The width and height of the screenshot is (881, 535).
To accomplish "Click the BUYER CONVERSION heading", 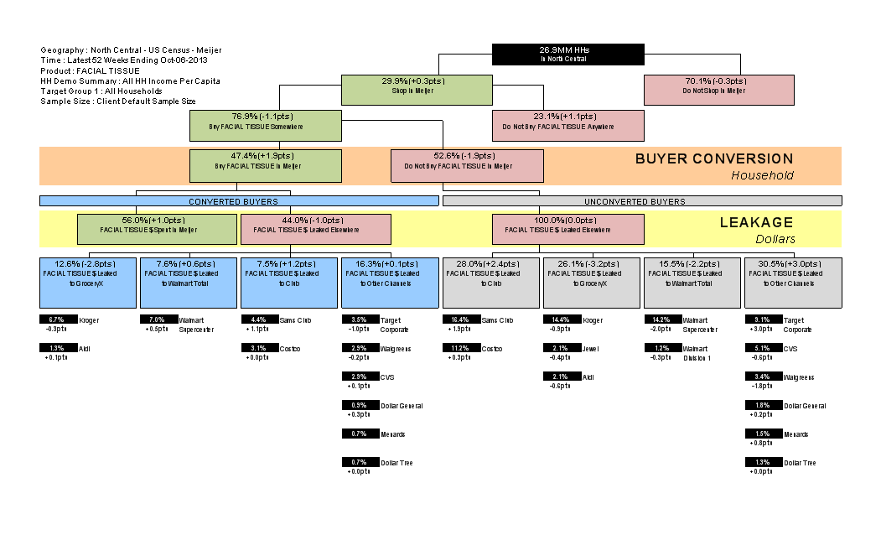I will tap(713, 158).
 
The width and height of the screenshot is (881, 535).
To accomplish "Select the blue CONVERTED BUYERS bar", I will tap(239, 201).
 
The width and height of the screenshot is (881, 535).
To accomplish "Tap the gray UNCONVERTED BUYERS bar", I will tap(641, 201).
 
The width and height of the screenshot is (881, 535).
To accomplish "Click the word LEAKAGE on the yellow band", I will tap(756, 222).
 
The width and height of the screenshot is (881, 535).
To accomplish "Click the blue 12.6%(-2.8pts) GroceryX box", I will tap(88, 283).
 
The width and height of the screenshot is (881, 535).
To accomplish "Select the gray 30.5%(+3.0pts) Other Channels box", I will tap(793, 283).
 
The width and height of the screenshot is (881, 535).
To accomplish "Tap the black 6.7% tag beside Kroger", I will tap(58, 319).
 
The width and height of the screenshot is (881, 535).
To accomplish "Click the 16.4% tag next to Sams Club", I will tap(460, 319).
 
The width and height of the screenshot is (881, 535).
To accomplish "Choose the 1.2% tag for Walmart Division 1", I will tap(661, 348).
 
